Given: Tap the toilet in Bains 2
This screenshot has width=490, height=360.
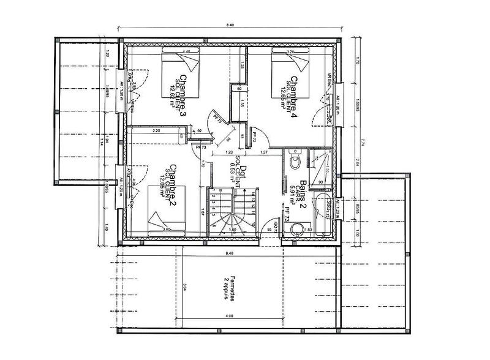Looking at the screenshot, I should pos(293,161).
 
